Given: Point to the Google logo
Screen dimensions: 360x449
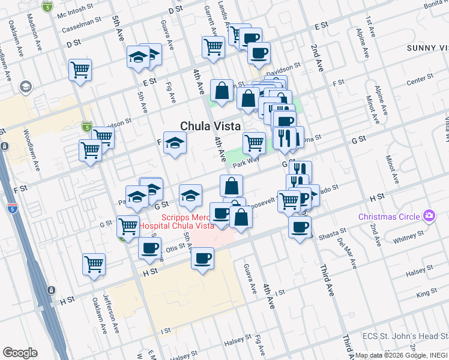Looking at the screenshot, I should click(20, 352).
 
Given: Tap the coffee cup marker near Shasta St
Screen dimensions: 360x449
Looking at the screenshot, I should click(300, 227).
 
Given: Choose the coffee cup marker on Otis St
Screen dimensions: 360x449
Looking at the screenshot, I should click(149, 248).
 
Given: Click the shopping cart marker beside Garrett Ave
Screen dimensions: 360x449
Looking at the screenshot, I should click(213, 46).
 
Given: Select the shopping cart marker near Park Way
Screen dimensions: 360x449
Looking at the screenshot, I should click(254, 142).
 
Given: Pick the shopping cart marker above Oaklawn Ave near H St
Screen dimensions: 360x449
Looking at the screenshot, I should click(94, 263).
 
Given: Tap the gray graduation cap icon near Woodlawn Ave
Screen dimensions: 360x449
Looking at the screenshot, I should click(25, 88).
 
